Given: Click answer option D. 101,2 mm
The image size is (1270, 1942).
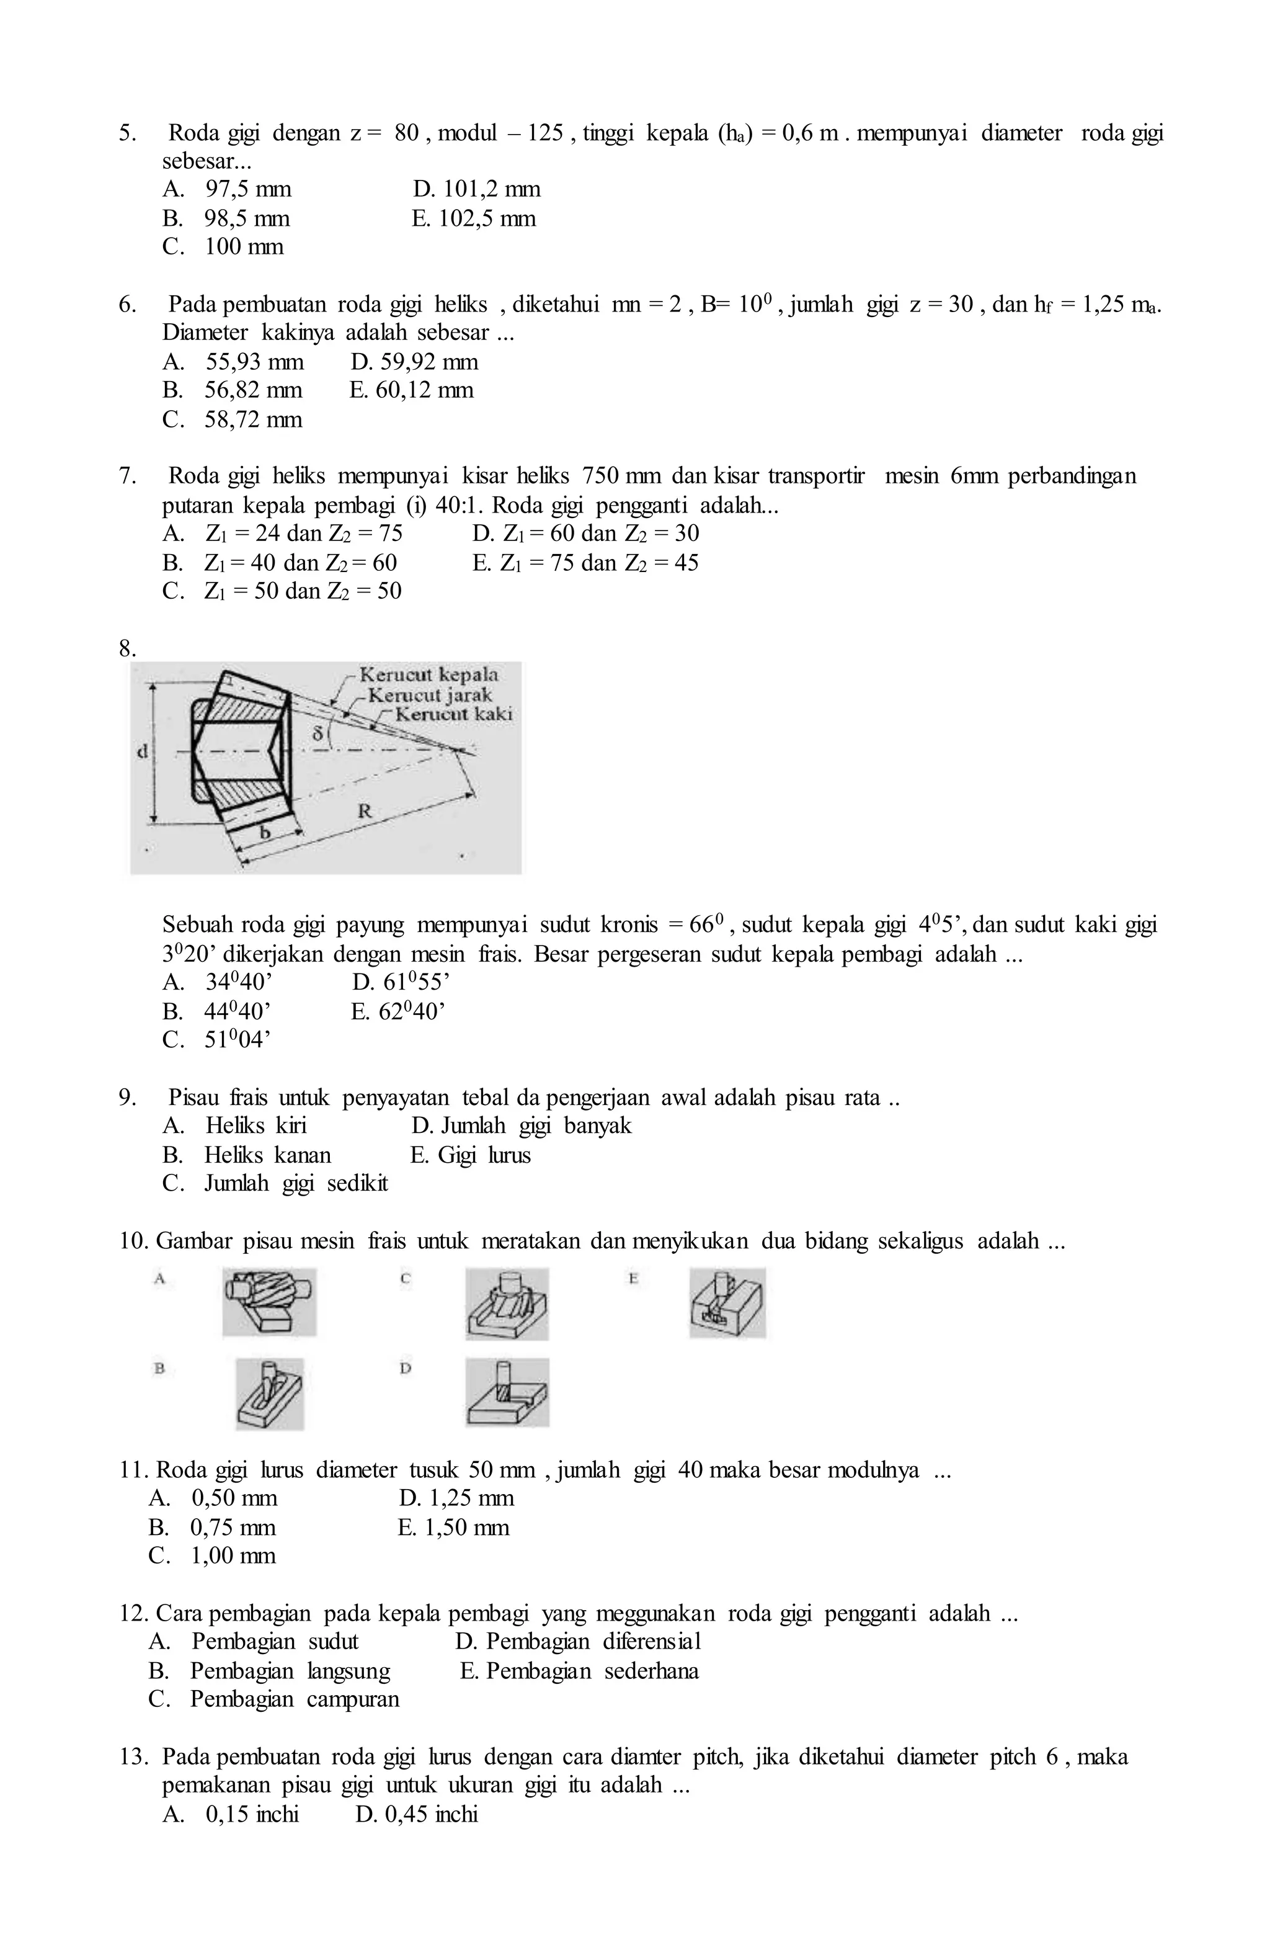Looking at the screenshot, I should (476, 190).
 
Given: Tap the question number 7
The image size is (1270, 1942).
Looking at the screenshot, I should (127, 477).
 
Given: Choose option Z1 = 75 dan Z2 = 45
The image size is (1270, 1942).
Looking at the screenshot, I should (585, 563).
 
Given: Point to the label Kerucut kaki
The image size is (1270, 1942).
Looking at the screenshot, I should (453, 714).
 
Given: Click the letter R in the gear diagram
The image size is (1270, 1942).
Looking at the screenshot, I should (365, 811).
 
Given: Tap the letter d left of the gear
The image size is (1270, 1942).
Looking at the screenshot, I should (142, 751).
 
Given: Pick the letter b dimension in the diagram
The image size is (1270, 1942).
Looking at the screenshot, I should (264, 832).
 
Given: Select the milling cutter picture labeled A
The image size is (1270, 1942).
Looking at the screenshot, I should (269, 1302).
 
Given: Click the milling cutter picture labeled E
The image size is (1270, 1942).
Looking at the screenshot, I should (726, 1302).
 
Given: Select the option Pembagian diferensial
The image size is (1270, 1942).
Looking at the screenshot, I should (577, 1642).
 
